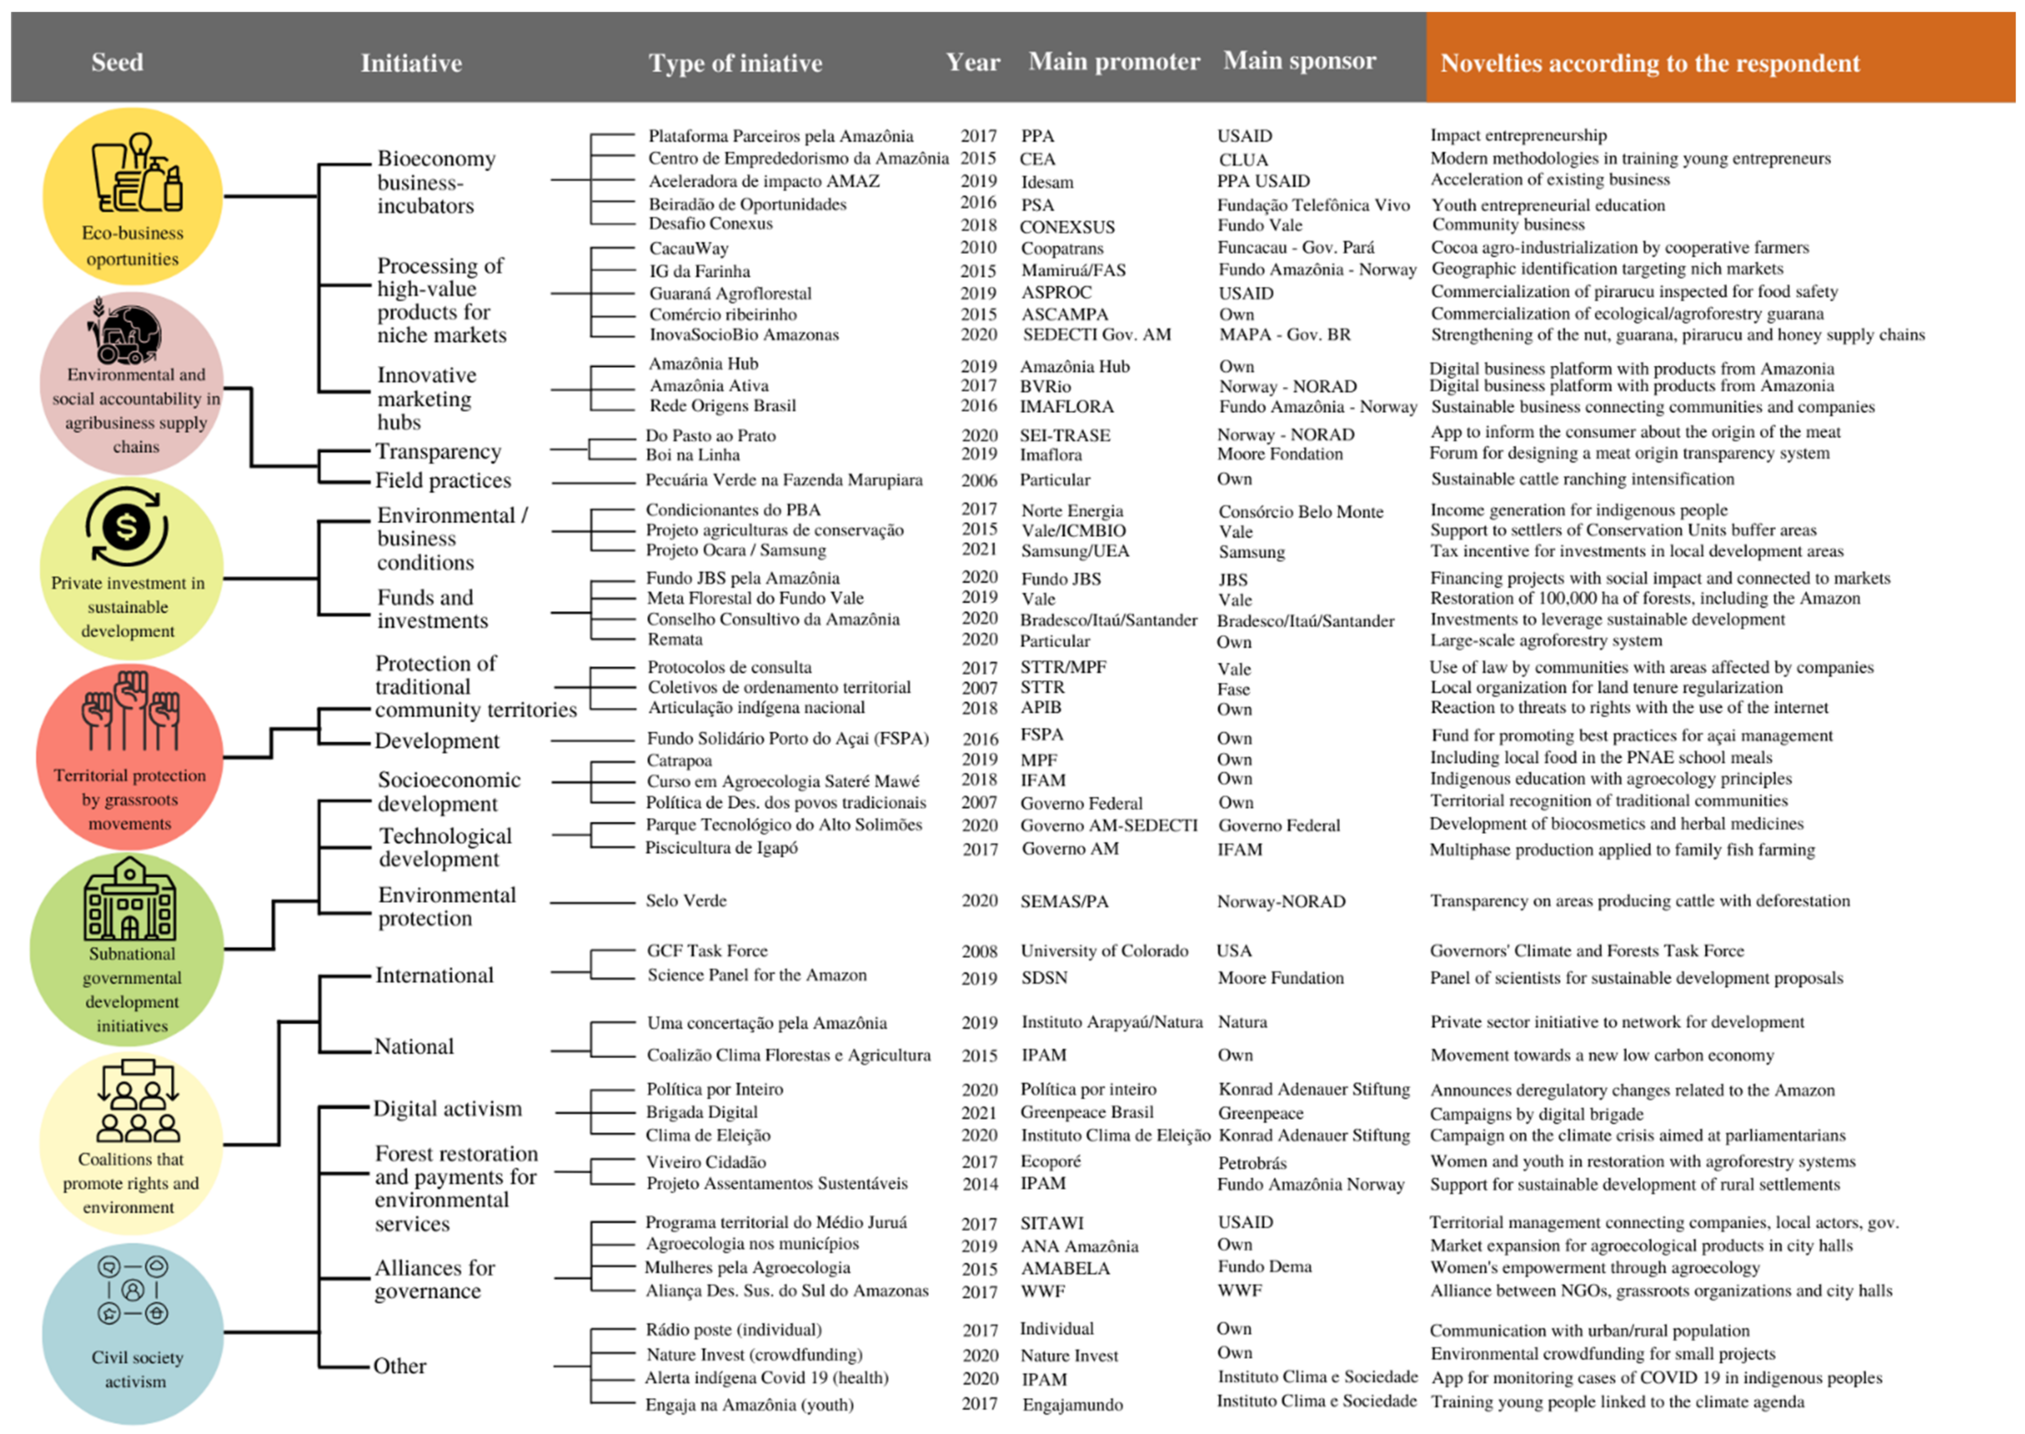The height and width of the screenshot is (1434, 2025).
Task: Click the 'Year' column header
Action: point(972,62)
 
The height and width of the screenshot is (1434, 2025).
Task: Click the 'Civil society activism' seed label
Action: point(136,1369)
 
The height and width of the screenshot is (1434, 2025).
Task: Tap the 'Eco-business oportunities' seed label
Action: point(132,245)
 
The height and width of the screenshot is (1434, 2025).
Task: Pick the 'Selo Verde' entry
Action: point(686,901)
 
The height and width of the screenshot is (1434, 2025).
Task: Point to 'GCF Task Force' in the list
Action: point(707,951)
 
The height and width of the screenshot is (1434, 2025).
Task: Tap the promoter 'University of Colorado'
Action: point(1104,951)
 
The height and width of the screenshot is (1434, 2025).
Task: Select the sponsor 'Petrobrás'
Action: point(1252,1163)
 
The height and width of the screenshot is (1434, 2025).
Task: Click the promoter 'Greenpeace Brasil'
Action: point(1086,1113)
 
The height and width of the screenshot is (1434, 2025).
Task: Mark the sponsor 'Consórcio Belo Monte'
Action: point(1300,511)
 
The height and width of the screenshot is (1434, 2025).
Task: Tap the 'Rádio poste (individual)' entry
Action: point(733,1330)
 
